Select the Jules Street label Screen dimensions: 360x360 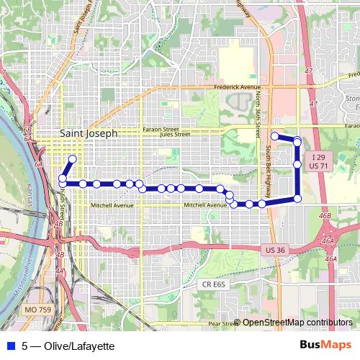(175, 133)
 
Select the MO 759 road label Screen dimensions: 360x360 (37, 309)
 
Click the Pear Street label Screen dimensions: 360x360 (222, 324)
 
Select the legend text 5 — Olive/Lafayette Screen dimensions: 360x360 (68, 346)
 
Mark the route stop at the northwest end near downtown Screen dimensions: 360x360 (72, 159)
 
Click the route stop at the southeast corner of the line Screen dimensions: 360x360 (297, 199)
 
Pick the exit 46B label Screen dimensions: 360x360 (325, 215)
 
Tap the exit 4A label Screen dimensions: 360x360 (59, 271)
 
